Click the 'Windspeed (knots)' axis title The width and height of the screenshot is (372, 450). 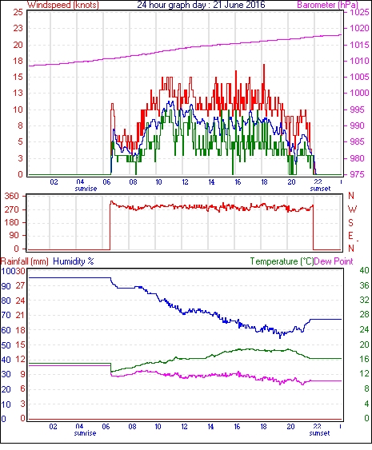(x=62, y=5)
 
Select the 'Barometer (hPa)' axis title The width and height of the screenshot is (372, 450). (x=327, y=5)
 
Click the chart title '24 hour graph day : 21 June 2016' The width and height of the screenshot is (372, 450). (x=201, y=5)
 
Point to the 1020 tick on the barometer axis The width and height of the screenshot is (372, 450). (x=359, y=28)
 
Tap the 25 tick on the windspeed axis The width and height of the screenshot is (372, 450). (x=18, y=12)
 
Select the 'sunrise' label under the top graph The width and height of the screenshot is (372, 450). (x=86, y=189)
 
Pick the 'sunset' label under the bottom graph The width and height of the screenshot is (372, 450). (x=319, y=432)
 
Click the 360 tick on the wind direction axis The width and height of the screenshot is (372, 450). (x=12, y=197)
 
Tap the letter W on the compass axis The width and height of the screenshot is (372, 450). (x=352, y=209)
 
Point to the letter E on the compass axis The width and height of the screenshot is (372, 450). (x=350, y=236)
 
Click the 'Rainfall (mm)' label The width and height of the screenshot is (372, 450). (x=25, y=261)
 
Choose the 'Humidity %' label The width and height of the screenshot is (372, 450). (x=74, y=261)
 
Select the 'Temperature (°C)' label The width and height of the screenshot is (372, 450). (x=282, y=261)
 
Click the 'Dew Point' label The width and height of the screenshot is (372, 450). (x=334, y=261)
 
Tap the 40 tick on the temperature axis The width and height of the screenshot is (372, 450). (x=365, y=270)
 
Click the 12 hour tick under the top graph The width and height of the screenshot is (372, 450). (x=185, y=182)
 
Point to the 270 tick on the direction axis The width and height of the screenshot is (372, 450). (x=12, y=209)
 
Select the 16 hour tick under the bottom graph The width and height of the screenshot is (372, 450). (x=237, y=427)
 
